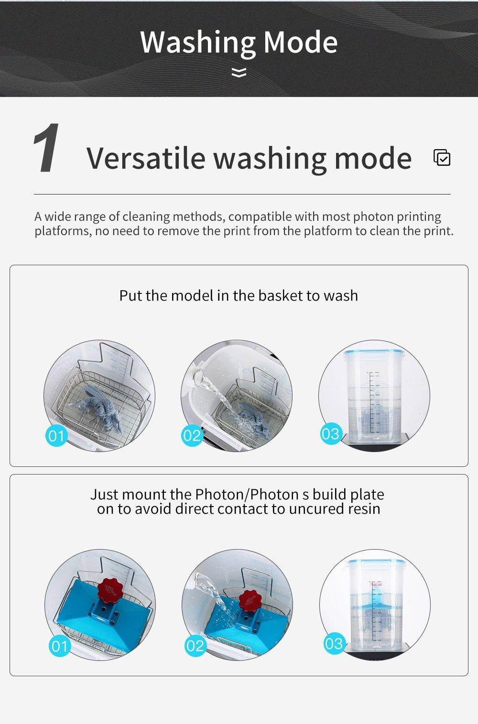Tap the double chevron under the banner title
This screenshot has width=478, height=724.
(239, 73)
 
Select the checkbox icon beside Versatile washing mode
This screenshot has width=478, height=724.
(442, 158)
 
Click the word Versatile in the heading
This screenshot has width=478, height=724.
(145, 158)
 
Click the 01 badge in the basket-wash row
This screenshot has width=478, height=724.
(56, 435)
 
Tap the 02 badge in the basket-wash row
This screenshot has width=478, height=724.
(192, 435)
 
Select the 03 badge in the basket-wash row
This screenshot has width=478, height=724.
(330, 434)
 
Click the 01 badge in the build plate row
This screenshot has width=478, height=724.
(59, 646)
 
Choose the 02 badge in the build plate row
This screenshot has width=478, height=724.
(195, 646)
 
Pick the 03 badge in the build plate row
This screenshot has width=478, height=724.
(333, 644)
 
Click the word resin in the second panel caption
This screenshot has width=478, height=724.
(362, 509)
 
